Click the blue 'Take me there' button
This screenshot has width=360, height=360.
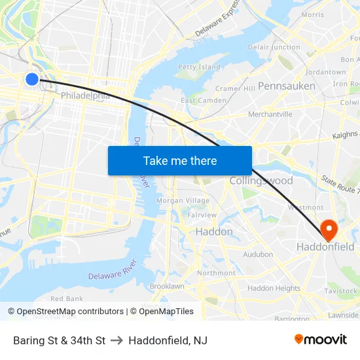pyautogui.click(x=179, y=160)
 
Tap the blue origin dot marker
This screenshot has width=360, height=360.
pyautogui.click(x=32, y=79)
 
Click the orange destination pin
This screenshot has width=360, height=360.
pyautogui.click(x=328, y=229)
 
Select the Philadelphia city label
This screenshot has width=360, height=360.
pyautogui.click(x=84, y=96)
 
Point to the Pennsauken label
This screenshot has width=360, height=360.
pyautogui.click(x=286, y=86)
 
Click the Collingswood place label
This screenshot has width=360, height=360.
pyautogui.click(x=261, y=180)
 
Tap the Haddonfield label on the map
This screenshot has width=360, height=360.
pyautogui.click(x=325, y=247)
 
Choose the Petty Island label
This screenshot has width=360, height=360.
pyautogui.click(x=199, y=67)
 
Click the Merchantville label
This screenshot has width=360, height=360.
pyautogui.click(x=270, y=114)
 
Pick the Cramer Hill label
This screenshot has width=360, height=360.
pyautogui.click(x=235, y=88)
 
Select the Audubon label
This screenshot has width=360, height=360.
pyautogui.click(x=257, y=254)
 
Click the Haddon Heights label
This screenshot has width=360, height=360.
pyautogui.click(x=274, y=288)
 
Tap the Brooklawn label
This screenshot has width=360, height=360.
pyautogui.click(x=167, y=286)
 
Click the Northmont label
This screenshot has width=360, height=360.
pyautogui.click(x=216, y=273)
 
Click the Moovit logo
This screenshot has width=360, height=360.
pyautogui.click(x=321, y=339)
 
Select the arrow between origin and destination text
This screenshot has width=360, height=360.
pyautogui.click(x=117, y=340)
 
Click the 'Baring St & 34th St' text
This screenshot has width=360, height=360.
pyautogui.click(x=59, y=340)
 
